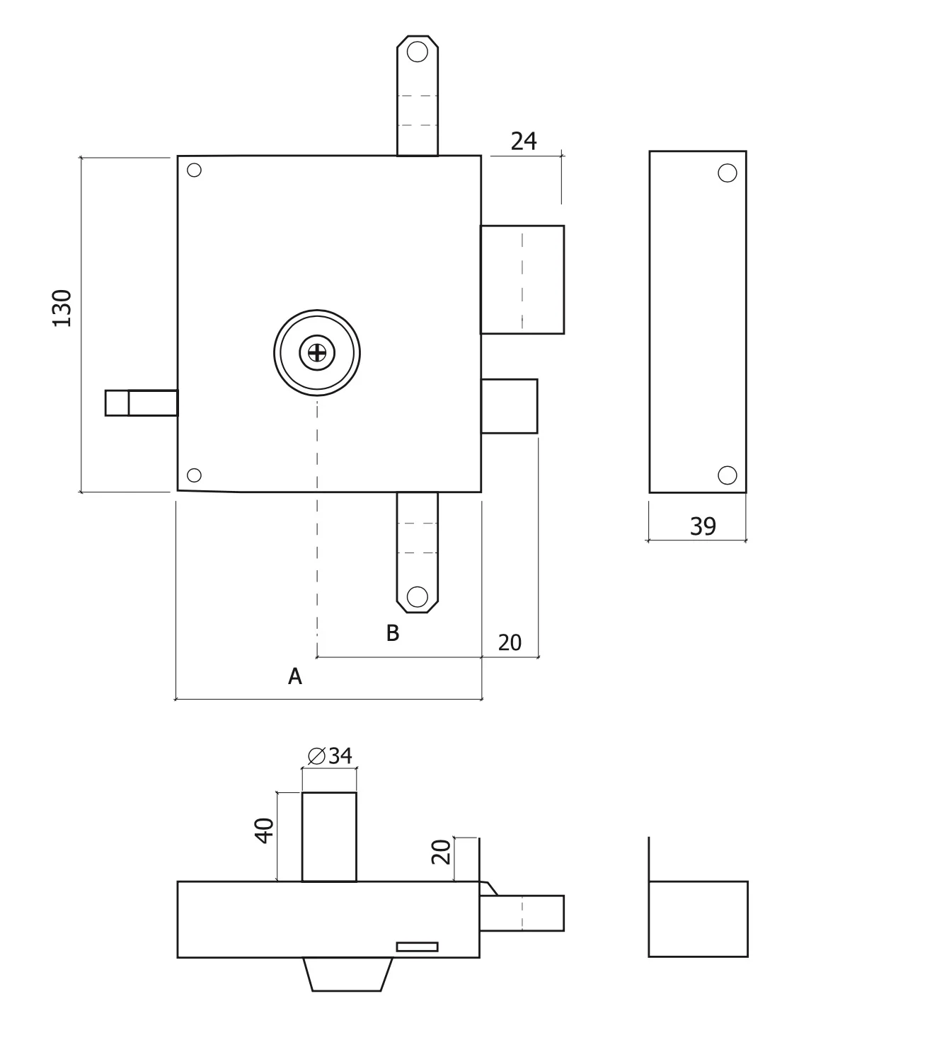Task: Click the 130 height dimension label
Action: click(x=62, y=308)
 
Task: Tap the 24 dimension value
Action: click(x=524, y=141)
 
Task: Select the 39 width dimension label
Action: click(x=703, y=526)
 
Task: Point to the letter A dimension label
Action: click(x=294, y=676)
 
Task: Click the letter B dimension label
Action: click(x=393, y=633)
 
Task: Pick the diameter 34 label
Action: click(x=330, y=756)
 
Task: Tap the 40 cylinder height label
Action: click(x=264, y=831)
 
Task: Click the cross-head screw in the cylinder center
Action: click(x=317, y=353)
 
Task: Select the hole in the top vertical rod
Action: click(x=418, y=52)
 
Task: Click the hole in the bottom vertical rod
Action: click(x=418, y=597)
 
